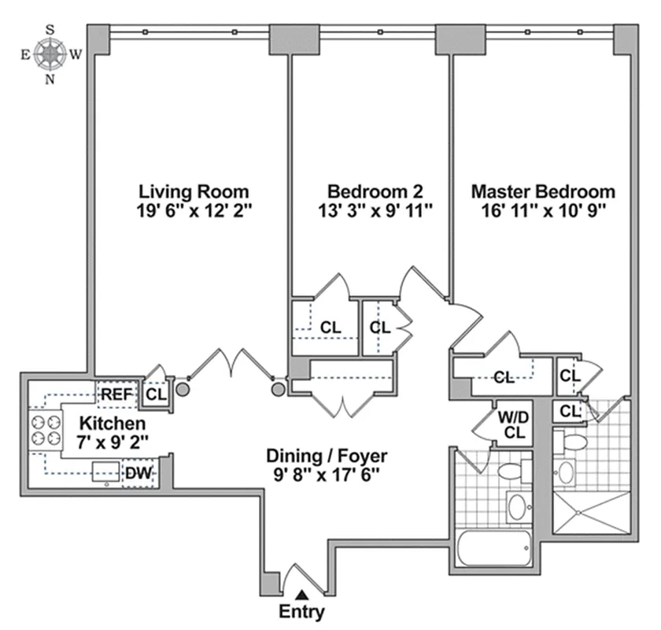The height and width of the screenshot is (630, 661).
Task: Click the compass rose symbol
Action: [x=51, y=54]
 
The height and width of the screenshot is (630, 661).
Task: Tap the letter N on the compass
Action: [x=51, y=80]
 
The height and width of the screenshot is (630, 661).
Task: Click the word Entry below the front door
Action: [x=301, y=611]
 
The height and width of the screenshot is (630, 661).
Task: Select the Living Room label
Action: [x=194, y=191]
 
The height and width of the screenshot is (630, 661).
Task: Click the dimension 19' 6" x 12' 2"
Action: [x=194, y=210]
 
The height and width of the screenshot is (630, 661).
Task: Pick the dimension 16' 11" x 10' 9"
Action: [x=543, y=210]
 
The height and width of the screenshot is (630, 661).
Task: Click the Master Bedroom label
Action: [x=543, y=191]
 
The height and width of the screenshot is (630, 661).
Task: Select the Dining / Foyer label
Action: [x=327, y=455]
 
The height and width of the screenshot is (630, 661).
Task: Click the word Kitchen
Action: [x=100, y=424]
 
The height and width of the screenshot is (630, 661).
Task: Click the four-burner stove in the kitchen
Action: [x=44, y=430]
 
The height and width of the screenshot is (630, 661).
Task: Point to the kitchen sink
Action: [x=105, y=472]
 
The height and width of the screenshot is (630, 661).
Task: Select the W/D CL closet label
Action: [x=514, y=423]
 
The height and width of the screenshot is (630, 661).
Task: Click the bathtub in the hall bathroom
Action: [x=493, y=546]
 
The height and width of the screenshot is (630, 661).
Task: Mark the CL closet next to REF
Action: [x=156, y=393]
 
